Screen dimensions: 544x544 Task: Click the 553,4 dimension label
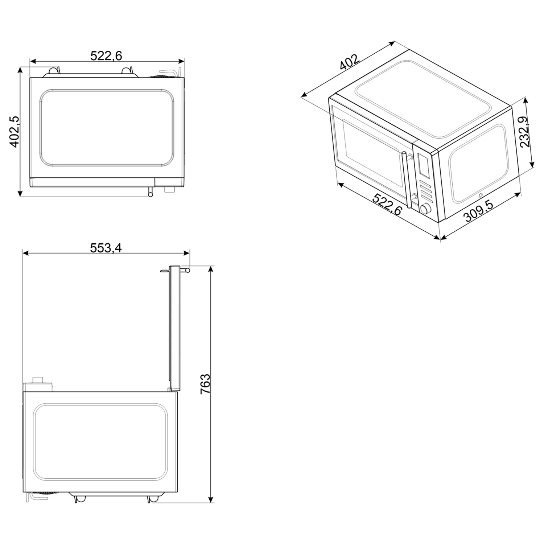pos(106,248)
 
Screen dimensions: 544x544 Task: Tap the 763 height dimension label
pos(205,384)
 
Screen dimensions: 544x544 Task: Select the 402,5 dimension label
pos(14,132)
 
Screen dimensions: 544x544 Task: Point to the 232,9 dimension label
pos(525,132)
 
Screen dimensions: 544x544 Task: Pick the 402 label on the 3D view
pos(349,62)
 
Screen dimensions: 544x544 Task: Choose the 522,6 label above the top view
pos(106,56)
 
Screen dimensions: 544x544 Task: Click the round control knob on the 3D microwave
pos(425,209)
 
